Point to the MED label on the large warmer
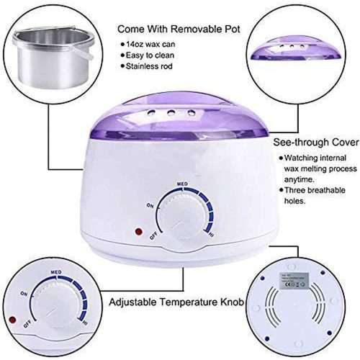[x=182, y=184]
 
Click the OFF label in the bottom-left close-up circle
[x=27, y=325]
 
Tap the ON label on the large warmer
[x=150, y=205]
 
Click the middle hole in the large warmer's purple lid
[x=171, y=113]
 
